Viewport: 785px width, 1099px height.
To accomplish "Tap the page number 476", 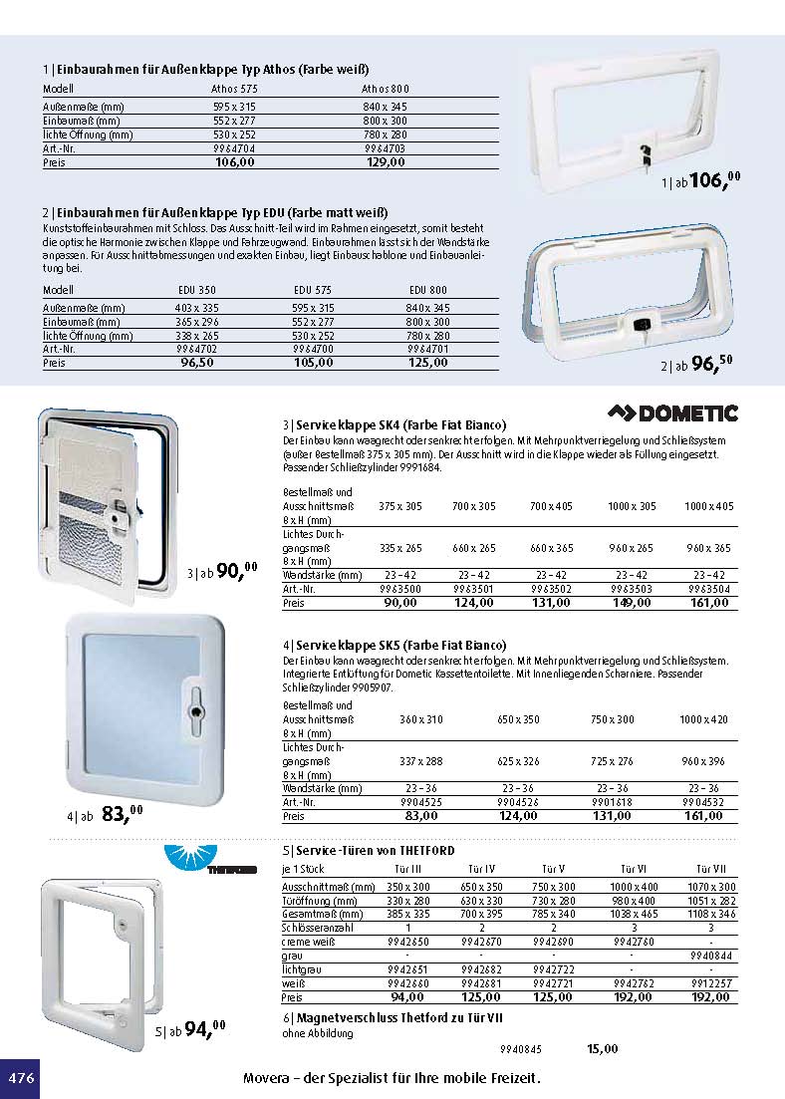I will point(21,1078).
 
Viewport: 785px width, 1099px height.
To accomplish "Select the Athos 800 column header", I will point(385,89).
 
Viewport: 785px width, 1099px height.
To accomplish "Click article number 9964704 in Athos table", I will point(234,147).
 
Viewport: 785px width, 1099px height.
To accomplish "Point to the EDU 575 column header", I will point(312,290).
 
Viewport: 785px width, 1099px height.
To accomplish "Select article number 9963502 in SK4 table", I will point(551,589).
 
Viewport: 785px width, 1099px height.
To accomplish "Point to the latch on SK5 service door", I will point(195,699).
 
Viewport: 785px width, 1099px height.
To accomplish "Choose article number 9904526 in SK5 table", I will point(518,801).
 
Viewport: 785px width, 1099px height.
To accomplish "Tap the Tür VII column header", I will point(710,869).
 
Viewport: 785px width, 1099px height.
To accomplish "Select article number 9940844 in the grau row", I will point(710,955).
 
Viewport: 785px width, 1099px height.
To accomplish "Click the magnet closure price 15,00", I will point(603,1048).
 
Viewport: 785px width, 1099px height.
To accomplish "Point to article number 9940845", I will point(520,1048).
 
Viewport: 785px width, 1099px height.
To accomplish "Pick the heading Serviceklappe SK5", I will point(394,645).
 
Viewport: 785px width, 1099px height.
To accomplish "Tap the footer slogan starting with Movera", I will point(392,1079).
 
